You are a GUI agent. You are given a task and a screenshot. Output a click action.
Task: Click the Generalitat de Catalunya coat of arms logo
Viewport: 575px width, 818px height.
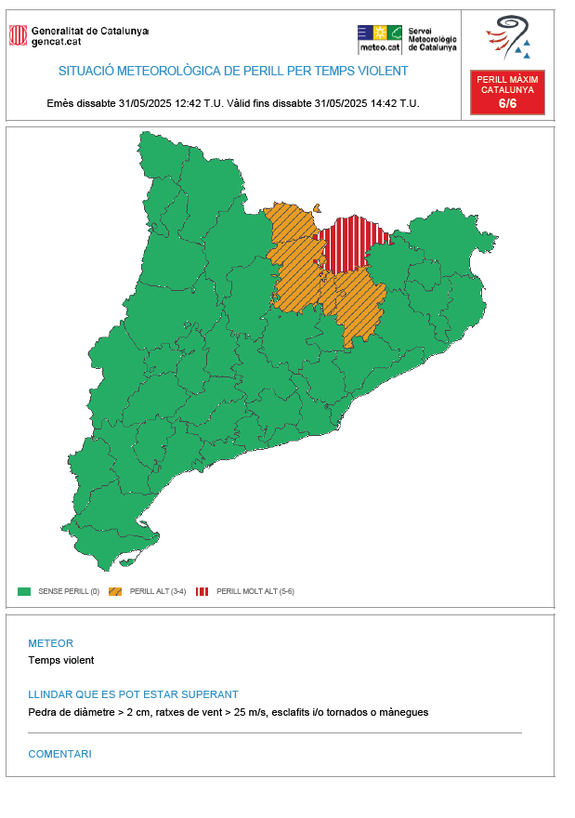pos(18,35)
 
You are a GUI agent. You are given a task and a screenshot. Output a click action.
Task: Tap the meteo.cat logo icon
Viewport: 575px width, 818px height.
pos(380,38)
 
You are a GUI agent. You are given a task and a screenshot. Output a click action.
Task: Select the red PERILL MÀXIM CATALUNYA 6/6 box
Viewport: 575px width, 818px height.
pos(507,92)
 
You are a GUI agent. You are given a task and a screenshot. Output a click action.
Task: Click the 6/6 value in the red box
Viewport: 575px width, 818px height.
pos(507,103)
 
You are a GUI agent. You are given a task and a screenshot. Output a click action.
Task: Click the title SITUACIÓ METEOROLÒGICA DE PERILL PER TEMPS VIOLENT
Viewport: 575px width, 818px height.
pos(233,71)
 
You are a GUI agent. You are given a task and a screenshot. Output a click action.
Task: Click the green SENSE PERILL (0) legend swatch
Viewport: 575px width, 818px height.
pos(24,591)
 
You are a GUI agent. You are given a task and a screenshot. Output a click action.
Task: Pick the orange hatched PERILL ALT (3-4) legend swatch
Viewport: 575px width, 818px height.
pos(115,591)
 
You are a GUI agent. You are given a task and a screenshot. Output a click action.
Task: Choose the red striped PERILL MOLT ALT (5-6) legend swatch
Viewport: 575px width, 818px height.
pos(202,591)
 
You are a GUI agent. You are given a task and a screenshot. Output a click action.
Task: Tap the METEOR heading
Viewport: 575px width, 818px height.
pos(50,643)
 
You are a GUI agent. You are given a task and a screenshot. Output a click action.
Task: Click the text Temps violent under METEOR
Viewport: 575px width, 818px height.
pos(61,661)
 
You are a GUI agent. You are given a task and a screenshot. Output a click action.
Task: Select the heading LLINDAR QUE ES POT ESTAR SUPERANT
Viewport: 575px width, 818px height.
pos(133,694)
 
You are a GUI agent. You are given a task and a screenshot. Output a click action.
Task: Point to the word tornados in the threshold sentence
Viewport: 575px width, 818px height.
pos(342,712)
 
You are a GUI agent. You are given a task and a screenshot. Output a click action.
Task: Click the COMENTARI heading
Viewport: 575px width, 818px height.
pos(59,754)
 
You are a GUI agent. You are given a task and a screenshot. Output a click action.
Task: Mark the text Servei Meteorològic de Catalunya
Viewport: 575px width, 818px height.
pos(432,39)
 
